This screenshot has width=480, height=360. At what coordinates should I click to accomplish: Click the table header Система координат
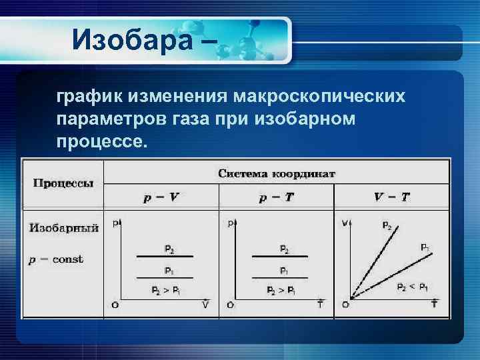[277, 173]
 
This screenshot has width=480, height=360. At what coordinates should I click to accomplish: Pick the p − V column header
[161, 197]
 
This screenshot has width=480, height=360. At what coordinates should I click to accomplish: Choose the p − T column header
[275, 197]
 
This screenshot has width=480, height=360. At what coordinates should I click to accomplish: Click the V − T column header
[391, 197]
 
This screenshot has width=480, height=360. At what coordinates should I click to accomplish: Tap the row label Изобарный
[64, 228]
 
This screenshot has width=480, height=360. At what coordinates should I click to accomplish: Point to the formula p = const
[55, 259]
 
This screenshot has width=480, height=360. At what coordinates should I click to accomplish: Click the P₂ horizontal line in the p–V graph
[165, 256]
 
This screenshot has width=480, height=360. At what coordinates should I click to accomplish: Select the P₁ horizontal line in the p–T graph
[280, 277]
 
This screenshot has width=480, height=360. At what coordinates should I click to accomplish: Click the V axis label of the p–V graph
[205, 305]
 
